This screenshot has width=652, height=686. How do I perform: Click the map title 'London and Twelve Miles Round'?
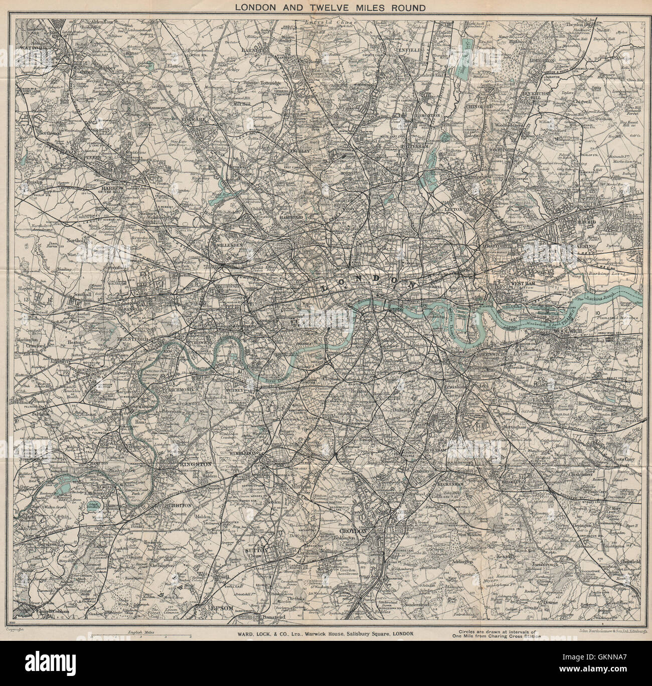[x=325, y=8]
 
